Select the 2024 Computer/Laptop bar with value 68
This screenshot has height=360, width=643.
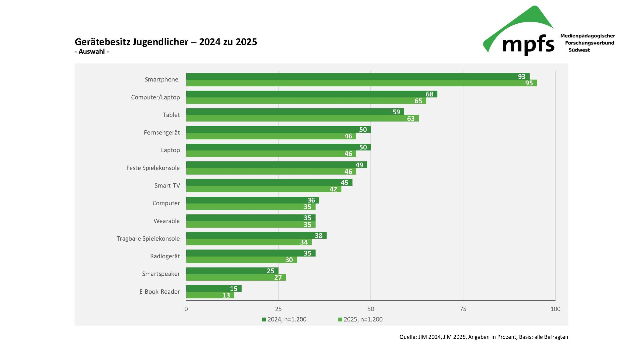click(x=311, y=94)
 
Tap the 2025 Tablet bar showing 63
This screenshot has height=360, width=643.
click(x=302, y=118)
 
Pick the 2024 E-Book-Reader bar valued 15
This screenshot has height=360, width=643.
click(x=214, y=288)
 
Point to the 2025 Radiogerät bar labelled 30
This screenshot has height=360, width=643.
click(x=241, y=260)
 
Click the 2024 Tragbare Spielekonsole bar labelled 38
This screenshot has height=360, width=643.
click(x=256, y=235)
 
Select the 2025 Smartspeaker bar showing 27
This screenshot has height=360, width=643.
click(x=236, y=277)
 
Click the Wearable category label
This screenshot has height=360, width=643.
click(x=167, y=221)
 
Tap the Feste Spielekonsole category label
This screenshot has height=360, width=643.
click(x=153, y=168)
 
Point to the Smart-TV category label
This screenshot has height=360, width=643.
click(x=167, y=185)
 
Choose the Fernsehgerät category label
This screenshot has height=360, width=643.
click(x=162, y=132)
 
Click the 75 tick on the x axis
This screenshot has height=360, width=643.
click(x=463, y=309)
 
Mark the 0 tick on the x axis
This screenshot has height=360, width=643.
click(x=186, y=309)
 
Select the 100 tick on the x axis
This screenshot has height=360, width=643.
click(x=555, y=309)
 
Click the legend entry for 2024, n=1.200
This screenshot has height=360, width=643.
click(x=284, y=319)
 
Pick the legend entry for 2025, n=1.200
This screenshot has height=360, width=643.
click(x=360, y=319)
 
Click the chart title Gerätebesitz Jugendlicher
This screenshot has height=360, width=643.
click(x=166, y=42)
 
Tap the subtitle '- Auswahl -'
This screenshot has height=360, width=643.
click(x=92, y=52)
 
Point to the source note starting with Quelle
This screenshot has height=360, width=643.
click(x=484, y=337)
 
